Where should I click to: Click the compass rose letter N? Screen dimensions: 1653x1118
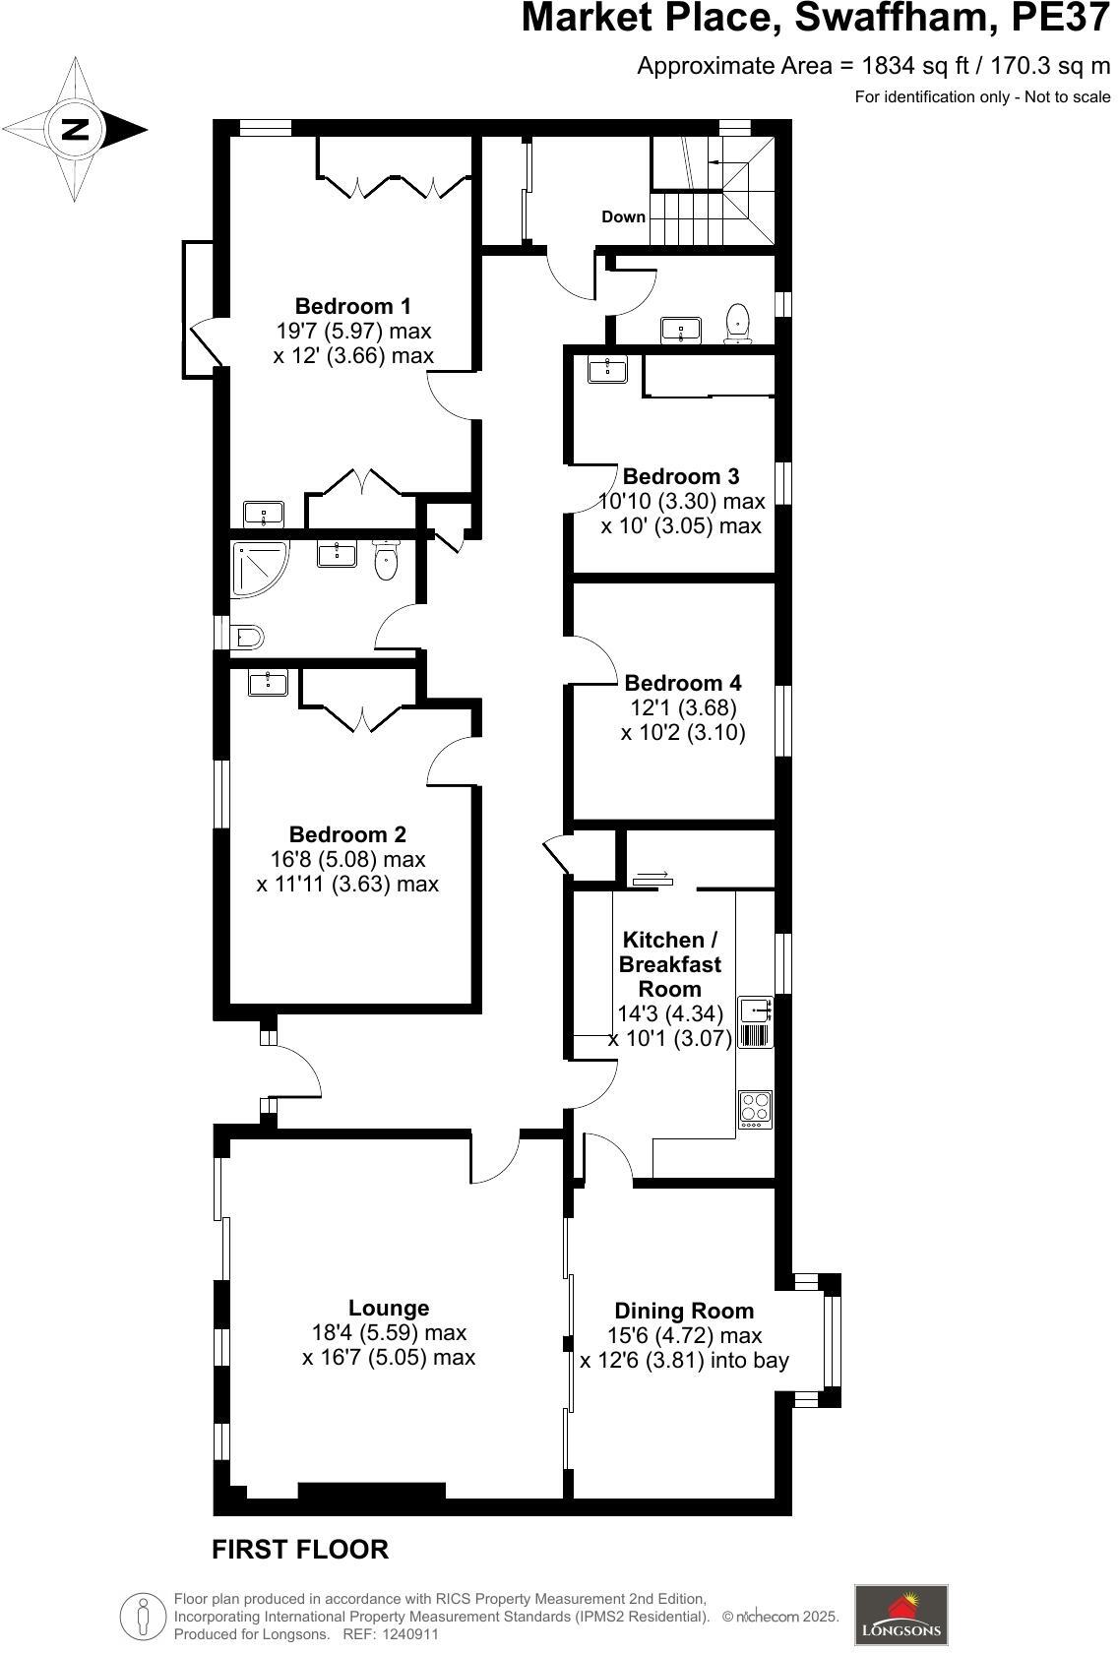(74, 129)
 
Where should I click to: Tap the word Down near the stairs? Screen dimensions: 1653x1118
(623, 217)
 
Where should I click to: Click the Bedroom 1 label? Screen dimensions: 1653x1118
(352, 306)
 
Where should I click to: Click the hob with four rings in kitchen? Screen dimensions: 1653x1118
(755, 1109)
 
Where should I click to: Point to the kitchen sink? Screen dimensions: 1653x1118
(755, 1010)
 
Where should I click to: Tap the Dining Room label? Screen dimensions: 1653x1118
(684, 1311)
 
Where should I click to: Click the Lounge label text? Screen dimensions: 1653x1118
(389, 1308)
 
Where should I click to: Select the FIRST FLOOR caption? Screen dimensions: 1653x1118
(300, 1550)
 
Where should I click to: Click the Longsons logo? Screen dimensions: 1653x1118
(901, 1615)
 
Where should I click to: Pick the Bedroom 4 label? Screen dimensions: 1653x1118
(683, 683)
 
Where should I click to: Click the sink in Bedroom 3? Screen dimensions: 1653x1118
(607, 369)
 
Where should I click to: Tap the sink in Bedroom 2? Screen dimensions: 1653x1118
(267, 682)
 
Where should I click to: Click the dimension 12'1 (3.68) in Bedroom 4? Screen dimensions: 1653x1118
(683, 707)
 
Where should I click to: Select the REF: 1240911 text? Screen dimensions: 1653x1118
(390, 1634)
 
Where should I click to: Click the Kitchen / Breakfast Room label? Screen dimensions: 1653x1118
(669, 964)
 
